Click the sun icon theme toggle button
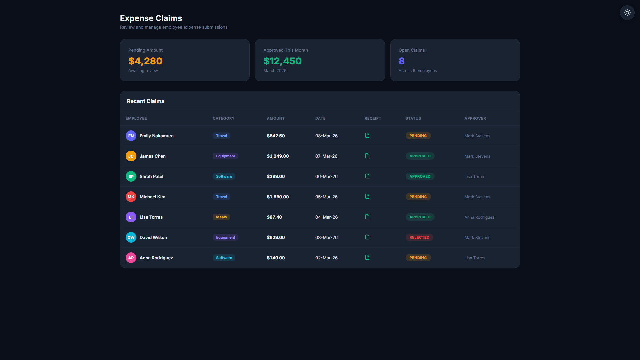tap(627, 13)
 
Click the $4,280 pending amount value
tap(145, 61)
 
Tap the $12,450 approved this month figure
tap(282, 61)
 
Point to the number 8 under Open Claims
tap(401, 61)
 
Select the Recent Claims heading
tap(145, 101)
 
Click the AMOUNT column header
tap(276, 118)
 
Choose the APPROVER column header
tap(475, 118)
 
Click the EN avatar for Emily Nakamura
tap(131, 136)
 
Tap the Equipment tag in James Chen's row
tap(225, 156)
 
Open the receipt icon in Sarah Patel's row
tap(367, 176)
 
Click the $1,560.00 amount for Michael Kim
tap(278, 197)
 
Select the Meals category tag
tap(221, 217)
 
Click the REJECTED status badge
tap(419, 237)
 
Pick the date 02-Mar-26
tap(326, 258)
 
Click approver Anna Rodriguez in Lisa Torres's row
tap(479, 217)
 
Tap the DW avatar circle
tap(131, 237)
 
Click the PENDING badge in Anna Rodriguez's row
tap(418, 258)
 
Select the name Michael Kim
tap(152, 197)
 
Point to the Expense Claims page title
tap(151, 18)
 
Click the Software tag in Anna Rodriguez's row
tap(224, 258)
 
